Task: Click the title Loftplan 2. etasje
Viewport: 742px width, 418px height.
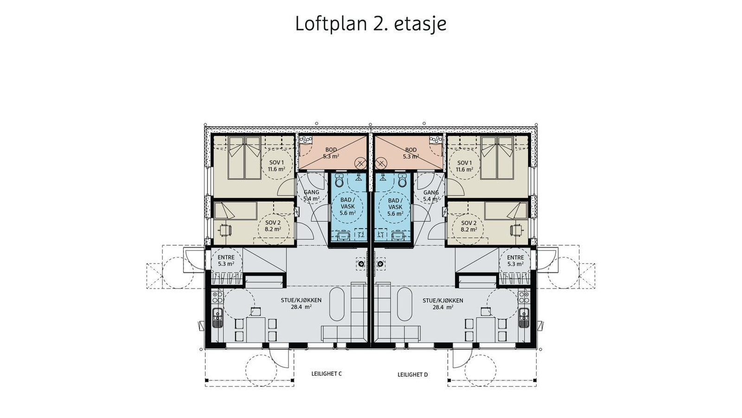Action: [371, 24]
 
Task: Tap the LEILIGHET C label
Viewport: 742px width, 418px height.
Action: [326, 373]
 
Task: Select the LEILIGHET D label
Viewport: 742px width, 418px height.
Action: [412, 374]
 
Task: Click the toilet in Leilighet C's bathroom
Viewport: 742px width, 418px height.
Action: [339, 180]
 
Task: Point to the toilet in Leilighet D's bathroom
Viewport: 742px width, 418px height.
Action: [402, 180]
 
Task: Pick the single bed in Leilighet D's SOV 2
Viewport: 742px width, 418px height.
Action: [506, 211]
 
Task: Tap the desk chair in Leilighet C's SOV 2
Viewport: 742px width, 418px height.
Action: [225, 229]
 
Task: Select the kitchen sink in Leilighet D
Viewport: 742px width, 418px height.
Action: [524, 317]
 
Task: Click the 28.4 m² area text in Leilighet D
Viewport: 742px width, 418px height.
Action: [443, 307]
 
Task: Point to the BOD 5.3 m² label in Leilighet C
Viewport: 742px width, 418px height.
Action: [331, 153]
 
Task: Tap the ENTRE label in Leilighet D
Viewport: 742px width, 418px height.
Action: [515, 257]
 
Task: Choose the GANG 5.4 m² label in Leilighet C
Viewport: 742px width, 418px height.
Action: [312, 196]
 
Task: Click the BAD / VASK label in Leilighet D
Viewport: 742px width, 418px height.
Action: [394, 204]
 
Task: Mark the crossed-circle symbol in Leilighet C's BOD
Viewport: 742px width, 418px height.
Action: [360, 163]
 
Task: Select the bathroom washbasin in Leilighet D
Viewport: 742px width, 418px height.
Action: [398, 236]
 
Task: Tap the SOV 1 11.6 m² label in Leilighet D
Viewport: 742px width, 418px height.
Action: [464, 166]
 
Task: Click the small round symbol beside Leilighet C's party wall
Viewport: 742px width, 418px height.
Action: [361, 264]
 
